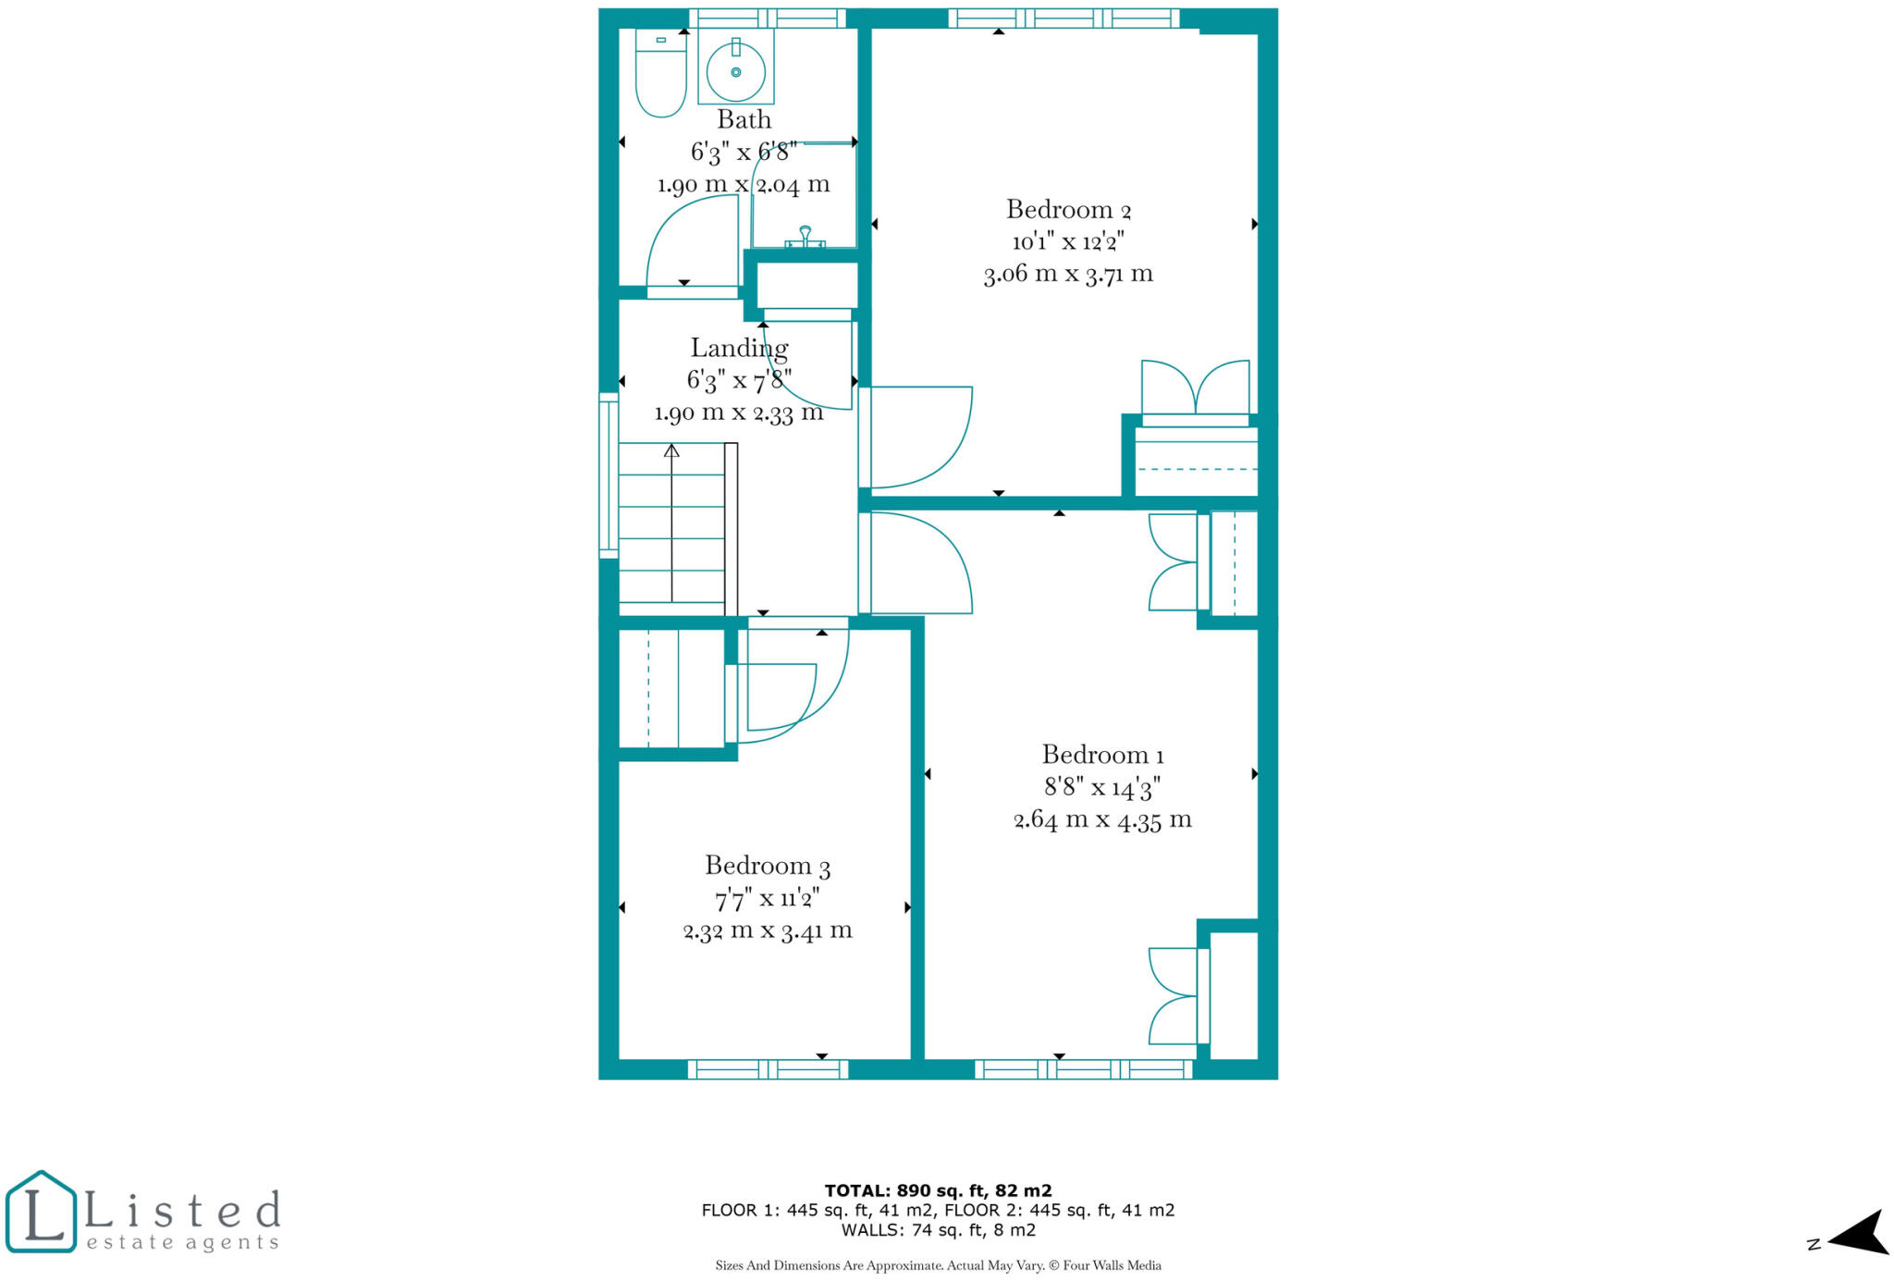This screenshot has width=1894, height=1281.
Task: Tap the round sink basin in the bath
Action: point(736,71)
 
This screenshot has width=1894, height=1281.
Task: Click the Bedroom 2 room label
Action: point(1068,209)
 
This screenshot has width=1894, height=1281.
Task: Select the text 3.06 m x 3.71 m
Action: point(1068,274)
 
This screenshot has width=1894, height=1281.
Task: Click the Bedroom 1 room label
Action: point(1102,755)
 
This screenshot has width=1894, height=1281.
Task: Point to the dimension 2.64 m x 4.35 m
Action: point(1102,819)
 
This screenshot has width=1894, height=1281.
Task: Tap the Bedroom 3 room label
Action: point(768,866)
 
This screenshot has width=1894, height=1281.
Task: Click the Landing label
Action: point(739,348)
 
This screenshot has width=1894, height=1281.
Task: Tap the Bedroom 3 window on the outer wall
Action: point(768,1069)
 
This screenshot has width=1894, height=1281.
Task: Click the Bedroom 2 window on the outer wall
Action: point(1064,18)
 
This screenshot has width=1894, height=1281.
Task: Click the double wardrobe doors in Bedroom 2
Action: point(1195,388)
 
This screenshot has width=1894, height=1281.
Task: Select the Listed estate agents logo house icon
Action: point(41,1212)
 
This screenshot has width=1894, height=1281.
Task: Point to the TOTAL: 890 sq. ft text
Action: point(938,1190)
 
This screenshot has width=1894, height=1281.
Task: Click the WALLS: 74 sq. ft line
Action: point(938,1230)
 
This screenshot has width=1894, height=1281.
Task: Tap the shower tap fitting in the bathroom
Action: point(805,237)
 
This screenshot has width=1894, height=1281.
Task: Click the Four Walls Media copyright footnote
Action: point(938,1265)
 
